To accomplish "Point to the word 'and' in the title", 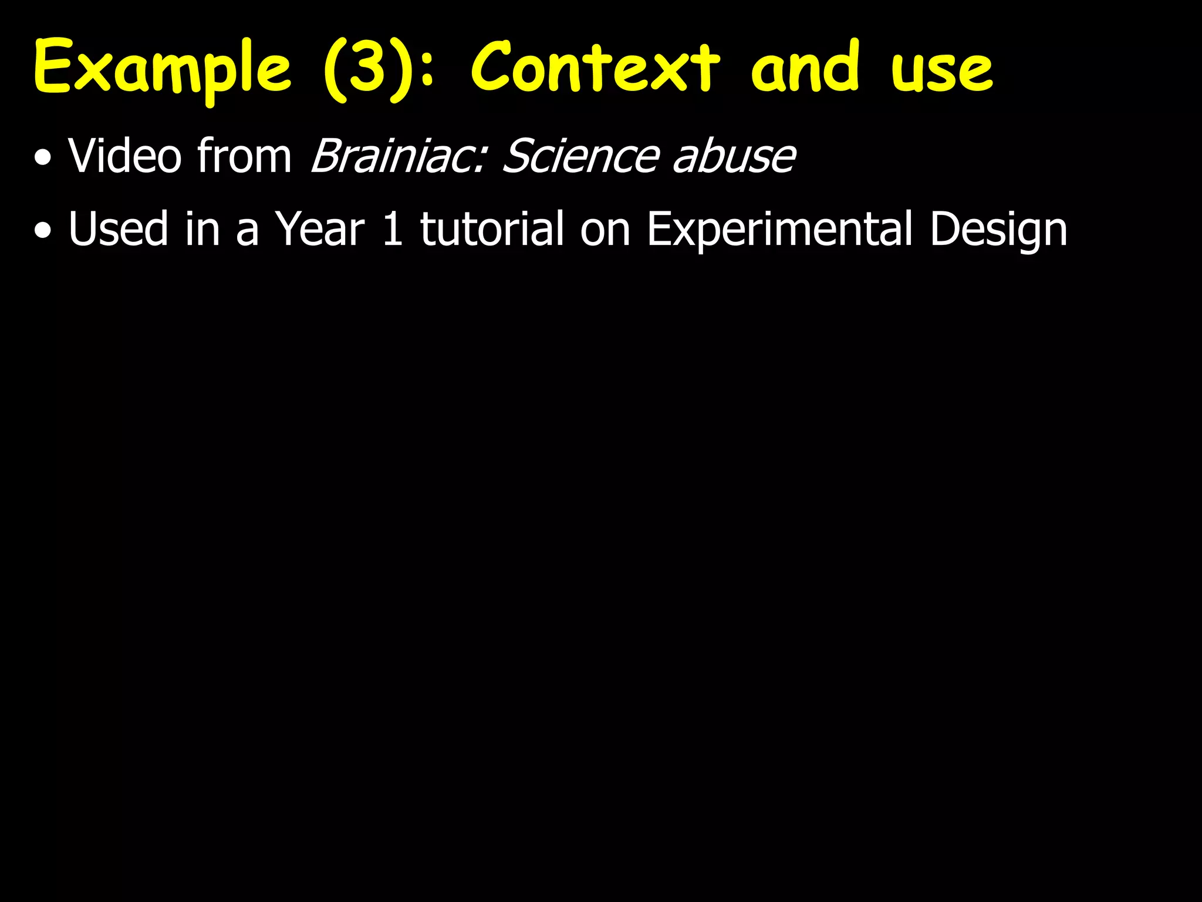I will [806, 68].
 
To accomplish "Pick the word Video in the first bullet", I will [124, 156].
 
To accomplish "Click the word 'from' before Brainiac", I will [244, 156].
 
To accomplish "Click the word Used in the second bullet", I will [117, 229].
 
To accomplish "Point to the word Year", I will [320, 229].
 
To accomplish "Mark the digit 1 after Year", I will [392, 229].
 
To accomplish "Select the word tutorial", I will [492, 229].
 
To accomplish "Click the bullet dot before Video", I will [42, 159].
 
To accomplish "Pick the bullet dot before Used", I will [42, 231].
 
